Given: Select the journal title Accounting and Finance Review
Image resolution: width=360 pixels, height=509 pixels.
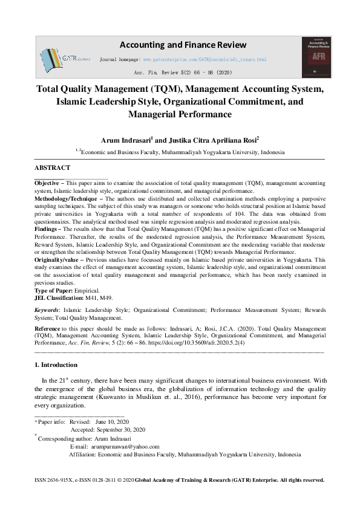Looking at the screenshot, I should pos(183,45).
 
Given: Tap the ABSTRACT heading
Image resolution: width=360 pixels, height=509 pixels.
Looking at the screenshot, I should pos(52,167).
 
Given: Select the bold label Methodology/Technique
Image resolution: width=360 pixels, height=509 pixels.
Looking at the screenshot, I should pos(68,198).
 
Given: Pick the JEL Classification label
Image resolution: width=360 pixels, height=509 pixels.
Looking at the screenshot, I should pos(59,298).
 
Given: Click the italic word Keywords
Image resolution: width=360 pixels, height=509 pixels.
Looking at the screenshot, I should pos(47,310).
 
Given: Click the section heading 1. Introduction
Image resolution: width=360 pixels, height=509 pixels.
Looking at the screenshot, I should pos(56,365).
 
